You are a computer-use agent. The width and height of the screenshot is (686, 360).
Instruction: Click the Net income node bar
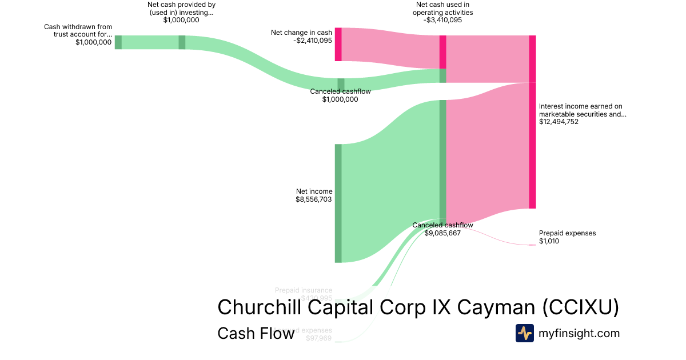tap(338, 203)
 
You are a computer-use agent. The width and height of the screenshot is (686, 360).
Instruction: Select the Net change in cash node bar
tap(338, 44)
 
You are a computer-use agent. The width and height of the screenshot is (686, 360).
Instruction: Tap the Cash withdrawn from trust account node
tap(118, 42)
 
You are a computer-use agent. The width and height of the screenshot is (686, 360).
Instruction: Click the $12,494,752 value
tap(559, 122)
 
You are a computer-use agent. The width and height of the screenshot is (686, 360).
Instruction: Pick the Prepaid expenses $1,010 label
tap(567, 233)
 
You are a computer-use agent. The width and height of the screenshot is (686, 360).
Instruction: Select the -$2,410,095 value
tap(313, 41)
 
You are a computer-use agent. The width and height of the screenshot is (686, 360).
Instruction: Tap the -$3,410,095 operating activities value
tap(443, 20)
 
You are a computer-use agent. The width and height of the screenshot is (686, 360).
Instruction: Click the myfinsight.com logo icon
tap(524, 333)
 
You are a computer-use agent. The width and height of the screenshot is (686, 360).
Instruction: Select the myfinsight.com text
tap(579, 333)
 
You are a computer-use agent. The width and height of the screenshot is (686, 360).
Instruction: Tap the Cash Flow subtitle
tap(256, 333)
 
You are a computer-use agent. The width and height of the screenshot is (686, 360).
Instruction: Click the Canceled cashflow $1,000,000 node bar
tap(341, 85)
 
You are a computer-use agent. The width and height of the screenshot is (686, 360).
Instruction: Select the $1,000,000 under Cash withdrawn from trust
tap(93, 42)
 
